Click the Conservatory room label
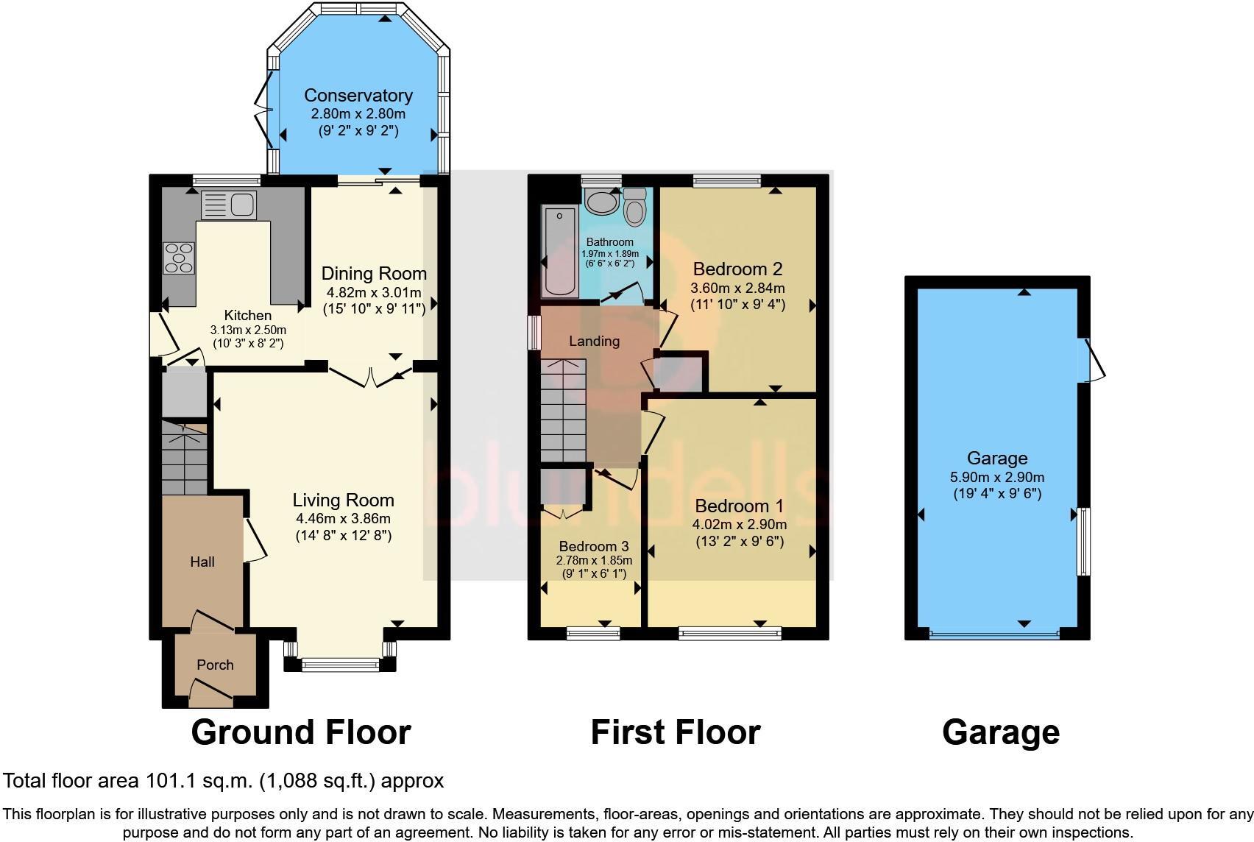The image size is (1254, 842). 358,95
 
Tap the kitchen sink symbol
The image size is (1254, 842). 228,204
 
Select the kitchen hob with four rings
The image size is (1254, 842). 179,258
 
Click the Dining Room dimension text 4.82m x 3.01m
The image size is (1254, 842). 374,291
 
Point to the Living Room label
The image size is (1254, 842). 343,500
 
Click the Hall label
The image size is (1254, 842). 202,562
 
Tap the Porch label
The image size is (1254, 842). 215,665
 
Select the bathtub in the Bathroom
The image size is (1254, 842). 560,250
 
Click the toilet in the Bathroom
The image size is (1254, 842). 633,206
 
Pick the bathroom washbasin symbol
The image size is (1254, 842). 602,202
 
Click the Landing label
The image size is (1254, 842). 594,341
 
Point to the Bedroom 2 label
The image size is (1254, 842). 737,269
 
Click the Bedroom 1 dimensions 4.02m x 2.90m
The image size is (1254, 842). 739,524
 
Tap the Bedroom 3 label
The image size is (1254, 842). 593,546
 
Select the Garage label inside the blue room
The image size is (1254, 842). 996,458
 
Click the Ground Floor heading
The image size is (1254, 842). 300,732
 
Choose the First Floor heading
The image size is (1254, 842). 675,732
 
